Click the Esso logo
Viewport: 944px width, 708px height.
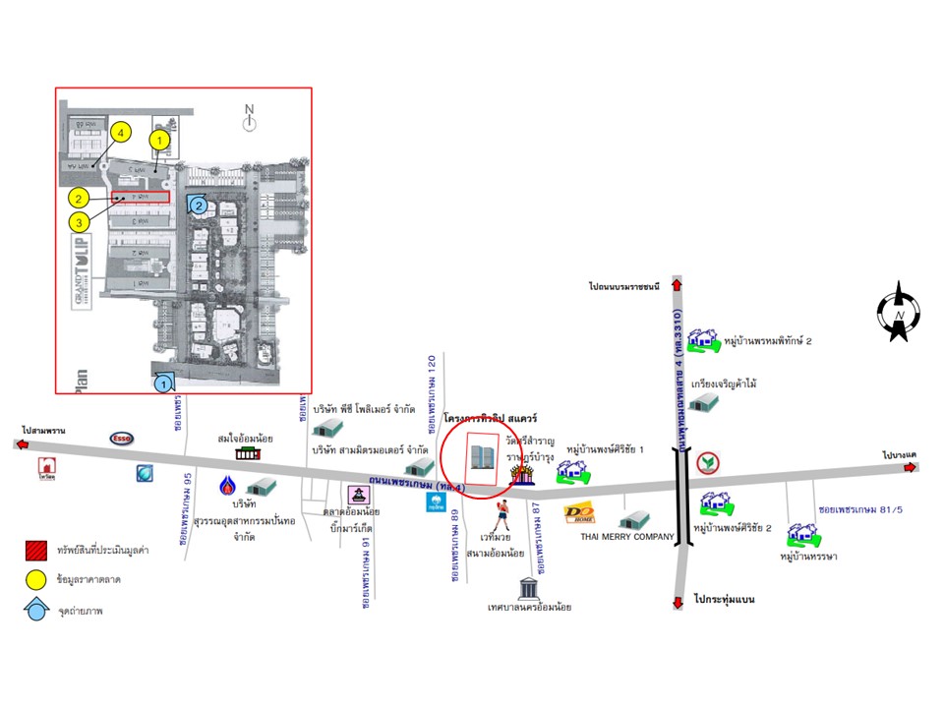click(121, 439)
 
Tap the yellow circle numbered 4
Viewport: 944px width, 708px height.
click(120, 132)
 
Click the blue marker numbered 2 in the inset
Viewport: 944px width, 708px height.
click(199, 206)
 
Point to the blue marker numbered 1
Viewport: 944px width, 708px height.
click(165, 382)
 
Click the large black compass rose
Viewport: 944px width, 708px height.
click(899, 312)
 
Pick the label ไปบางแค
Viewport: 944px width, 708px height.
click(900, 454)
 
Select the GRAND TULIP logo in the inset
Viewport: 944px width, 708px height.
click(82, 273)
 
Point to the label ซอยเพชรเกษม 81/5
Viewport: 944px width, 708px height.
click(855, 509)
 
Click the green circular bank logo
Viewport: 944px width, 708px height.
click(707, 463)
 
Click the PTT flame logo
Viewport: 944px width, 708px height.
click(228, 486)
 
